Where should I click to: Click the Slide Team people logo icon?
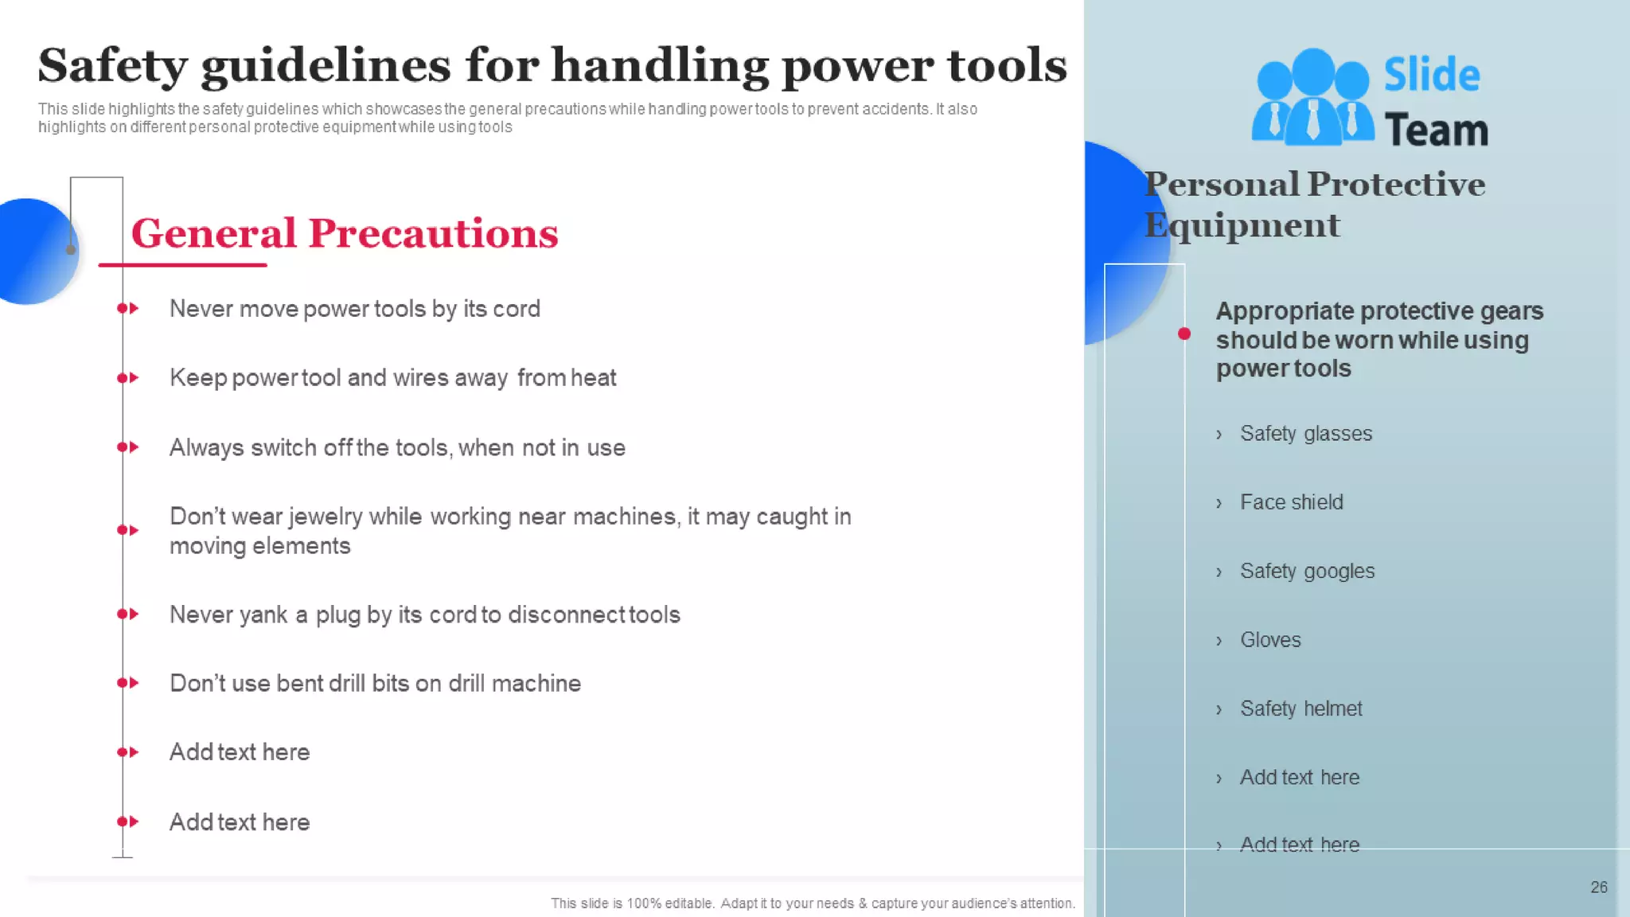coord(1312,98)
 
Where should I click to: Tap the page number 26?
coord(1598,887)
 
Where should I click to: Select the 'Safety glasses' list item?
coord(1305,434)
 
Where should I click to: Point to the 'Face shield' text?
coord(1291,502)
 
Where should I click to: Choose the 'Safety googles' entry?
coord(1307,572)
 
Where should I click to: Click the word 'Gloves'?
coord(1270,640)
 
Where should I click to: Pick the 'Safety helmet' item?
coord(1300,708)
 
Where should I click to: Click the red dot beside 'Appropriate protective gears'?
coord(1184,334)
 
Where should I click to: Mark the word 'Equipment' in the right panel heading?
coord(1242,225)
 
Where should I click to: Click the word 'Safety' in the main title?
coord(112,65)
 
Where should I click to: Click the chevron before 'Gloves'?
coord(1219,641)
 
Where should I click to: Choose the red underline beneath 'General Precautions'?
coord(182,264)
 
